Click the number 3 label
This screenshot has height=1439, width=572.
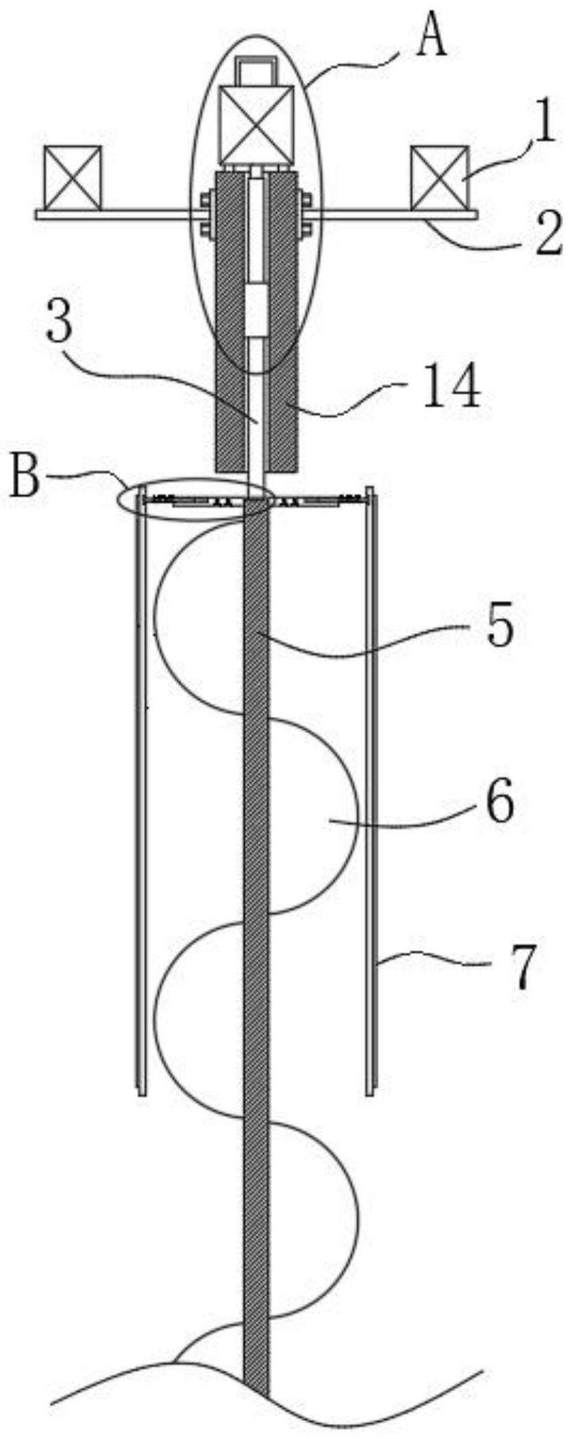(x=60, y=324)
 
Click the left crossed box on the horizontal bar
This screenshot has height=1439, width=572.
(x=73, y=178)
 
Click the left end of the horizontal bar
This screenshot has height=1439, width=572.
(x=36, y=215)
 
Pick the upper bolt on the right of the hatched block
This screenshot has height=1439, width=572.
(x=306, y=201)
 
